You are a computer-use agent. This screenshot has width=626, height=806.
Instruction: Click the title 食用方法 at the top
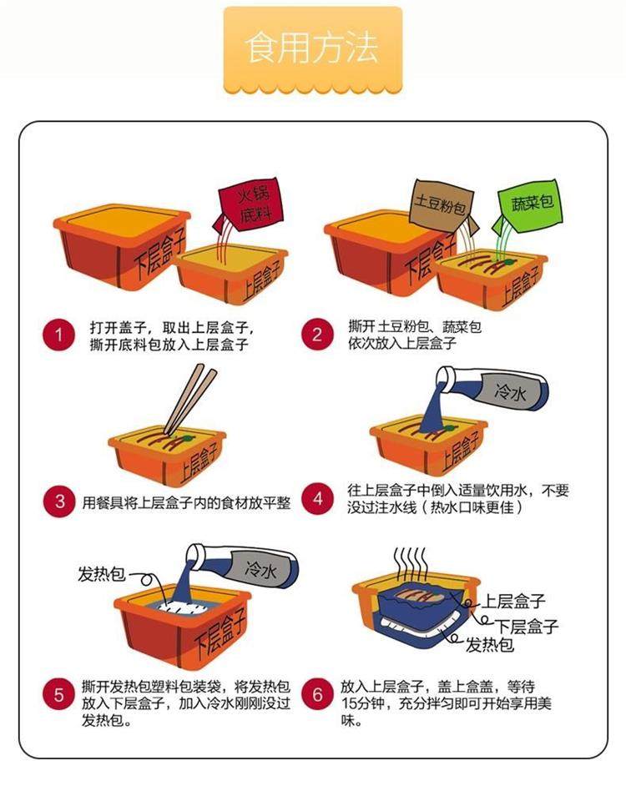click(x=312, y=48)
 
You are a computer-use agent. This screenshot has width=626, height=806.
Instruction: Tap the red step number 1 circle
click(x=58, y=335)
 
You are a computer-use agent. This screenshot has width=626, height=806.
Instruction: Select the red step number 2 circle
click(x=317, y=335)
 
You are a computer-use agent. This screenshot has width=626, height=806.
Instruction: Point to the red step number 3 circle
click(x=58, y=501)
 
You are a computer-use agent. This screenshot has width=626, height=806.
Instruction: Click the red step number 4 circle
click(x=317, y=498)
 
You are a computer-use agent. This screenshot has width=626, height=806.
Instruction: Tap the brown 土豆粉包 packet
click(x=442, y=206)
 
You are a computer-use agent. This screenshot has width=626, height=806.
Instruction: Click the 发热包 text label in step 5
click(x=101, y=573)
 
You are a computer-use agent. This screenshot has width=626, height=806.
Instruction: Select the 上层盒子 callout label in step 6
click(x=513, y=601)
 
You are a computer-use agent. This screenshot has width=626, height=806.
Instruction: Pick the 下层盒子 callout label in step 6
click(x=526, y=626)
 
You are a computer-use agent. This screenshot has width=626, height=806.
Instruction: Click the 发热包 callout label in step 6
click(x=490, y=644)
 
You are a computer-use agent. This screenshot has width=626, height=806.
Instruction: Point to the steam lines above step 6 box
click(x=411, y=564)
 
